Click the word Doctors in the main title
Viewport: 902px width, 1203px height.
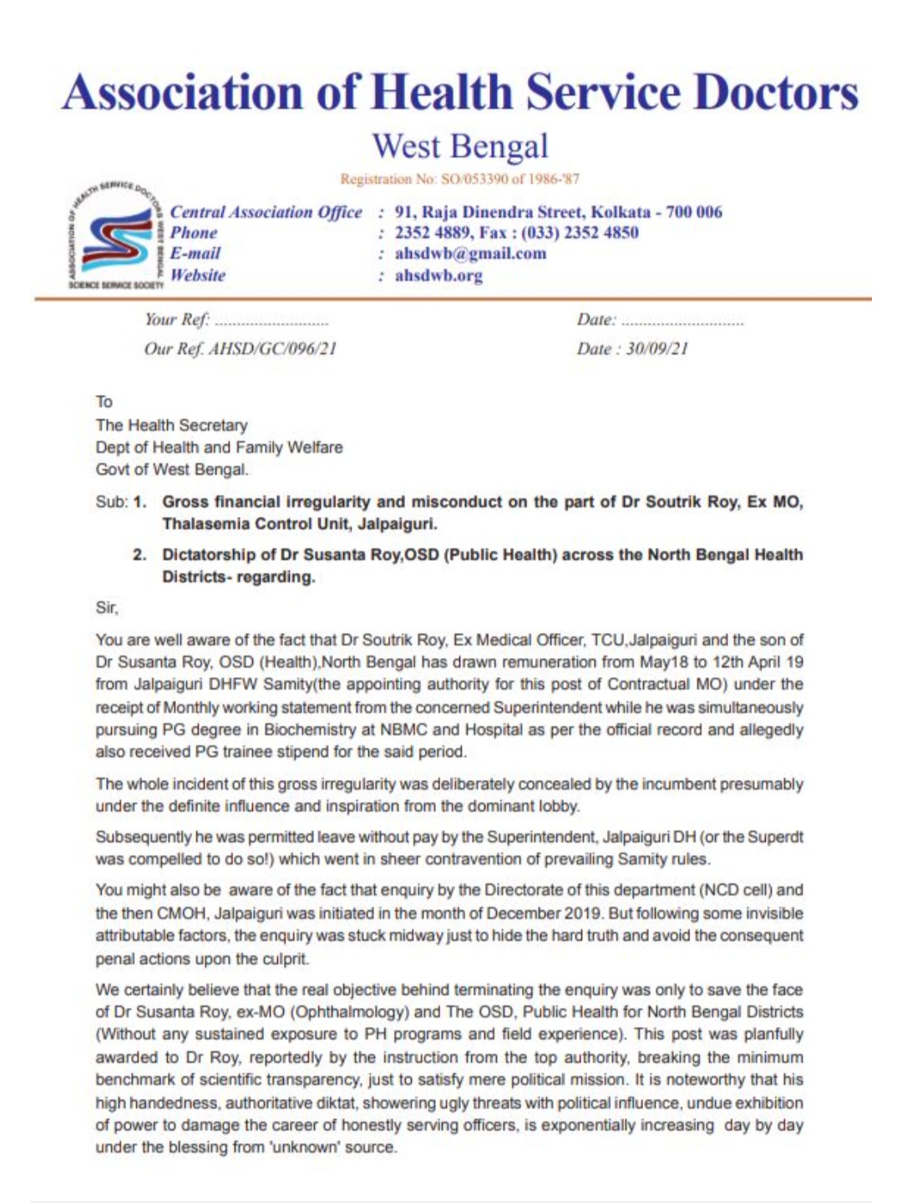tap(776, 92)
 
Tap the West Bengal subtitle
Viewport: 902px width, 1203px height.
tap(460, 147)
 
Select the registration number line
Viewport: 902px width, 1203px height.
tap(459, 179)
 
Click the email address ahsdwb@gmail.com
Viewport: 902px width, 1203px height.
tap(470, 254)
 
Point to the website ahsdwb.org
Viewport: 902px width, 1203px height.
tap(438, 275)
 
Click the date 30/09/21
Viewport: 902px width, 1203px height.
tap(656, 349)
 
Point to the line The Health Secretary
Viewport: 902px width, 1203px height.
tap(171, 425)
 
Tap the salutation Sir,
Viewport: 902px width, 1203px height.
tap(107, 608)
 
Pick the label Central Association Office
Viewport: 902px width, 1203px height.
tap(266, 212)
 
